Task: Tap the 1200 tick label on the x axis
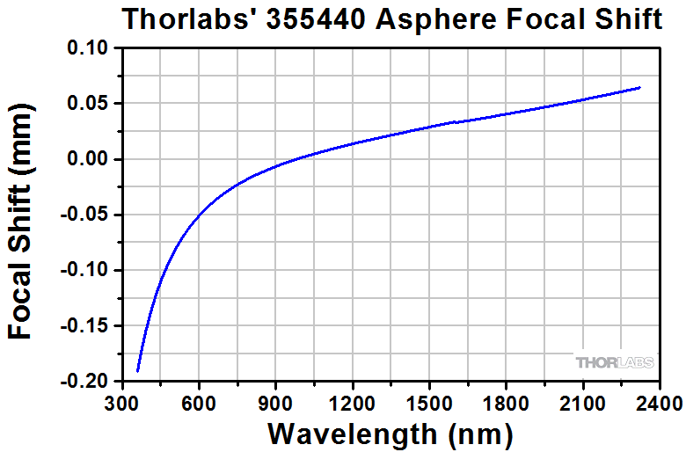point(352,404)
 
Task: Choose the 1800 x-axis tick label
point(506,404)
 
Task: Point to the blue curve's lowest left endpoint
point(138,370)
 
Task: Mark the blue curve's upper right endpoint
point(639,87)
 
